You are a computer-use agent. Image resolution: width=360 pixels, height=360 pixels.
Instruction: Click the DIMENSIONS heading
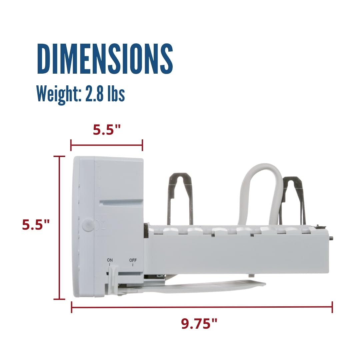point(105,59)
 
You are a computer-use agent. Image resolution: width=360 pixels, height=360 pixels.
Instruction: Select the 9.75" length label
point(200,323)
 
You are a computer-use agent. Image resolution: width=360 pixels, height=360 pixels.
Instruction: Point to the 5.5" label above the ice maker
point(107,130)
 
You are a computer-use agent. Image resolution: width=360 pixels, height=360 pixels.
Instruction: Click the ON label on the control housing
point(110,260)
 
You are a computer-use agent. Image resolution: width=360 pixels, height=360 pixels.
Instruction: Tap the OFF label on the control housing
point(133,260)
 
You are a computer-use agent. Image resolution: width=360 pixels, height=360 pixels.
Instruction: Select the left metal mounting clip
point(180,197)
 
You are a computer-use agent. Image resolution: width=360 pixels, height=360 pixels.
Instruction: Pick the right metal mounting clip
point(292,200)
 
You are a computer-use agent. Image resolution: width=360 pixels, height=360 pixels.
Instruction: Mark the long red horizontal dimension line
point(202,307)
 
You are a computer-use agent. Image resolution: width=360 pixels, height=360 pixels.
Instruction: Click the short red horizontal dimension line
point(107,145)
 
